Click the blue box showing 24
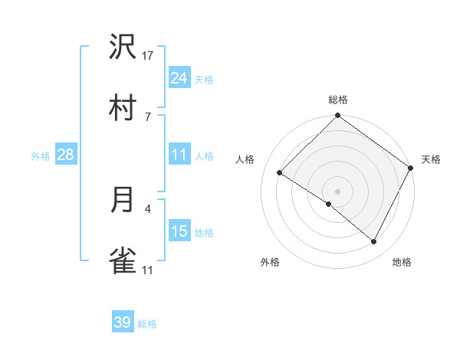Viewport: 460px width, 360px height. [179, 77]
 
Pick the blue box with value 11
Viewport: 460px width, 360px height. [179, 155]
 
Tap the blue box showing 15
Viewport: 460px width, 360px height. [179, 231]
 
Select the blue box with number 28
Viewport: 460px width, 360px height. [66, 155]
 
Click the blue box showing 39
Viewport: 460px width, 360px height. [123, 322]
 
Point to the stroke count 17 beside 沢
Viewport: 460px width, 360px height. [148, 56]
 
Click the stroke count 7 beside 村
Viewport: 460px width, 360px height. [148, 116]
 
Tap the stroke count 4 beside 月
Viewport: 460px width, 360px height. [148, 208]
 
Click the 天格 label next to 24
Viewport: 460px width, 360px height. [204, 79]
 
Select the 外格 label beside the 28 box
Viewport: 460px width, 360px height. [41, 156]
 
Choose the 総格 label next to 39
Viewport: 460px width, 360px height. [147, 324]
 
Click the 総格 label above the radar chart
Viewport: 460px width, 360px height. [338, 100]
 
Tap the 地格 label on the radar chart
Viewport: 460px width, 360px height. [402, 262]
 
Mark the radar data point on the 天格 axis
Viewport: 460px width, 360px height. [412, 168]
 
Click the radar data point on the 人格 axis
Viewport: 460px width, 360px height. [280, 172]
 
